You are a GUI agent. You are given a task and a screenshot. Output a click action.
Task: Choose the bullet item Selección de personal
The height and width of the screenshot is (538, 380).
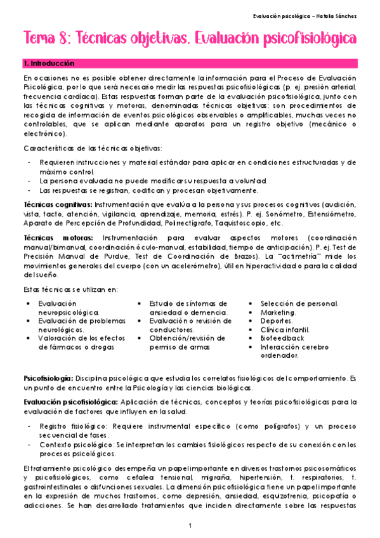point(299,304)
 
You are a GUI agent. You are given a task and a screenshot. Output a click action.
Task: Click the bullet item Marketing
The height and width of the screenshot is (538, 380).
point(278,313)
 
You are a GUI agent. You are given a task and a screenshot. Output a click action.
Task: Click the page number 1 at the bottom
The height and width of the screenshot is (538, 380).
point(190,525)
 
